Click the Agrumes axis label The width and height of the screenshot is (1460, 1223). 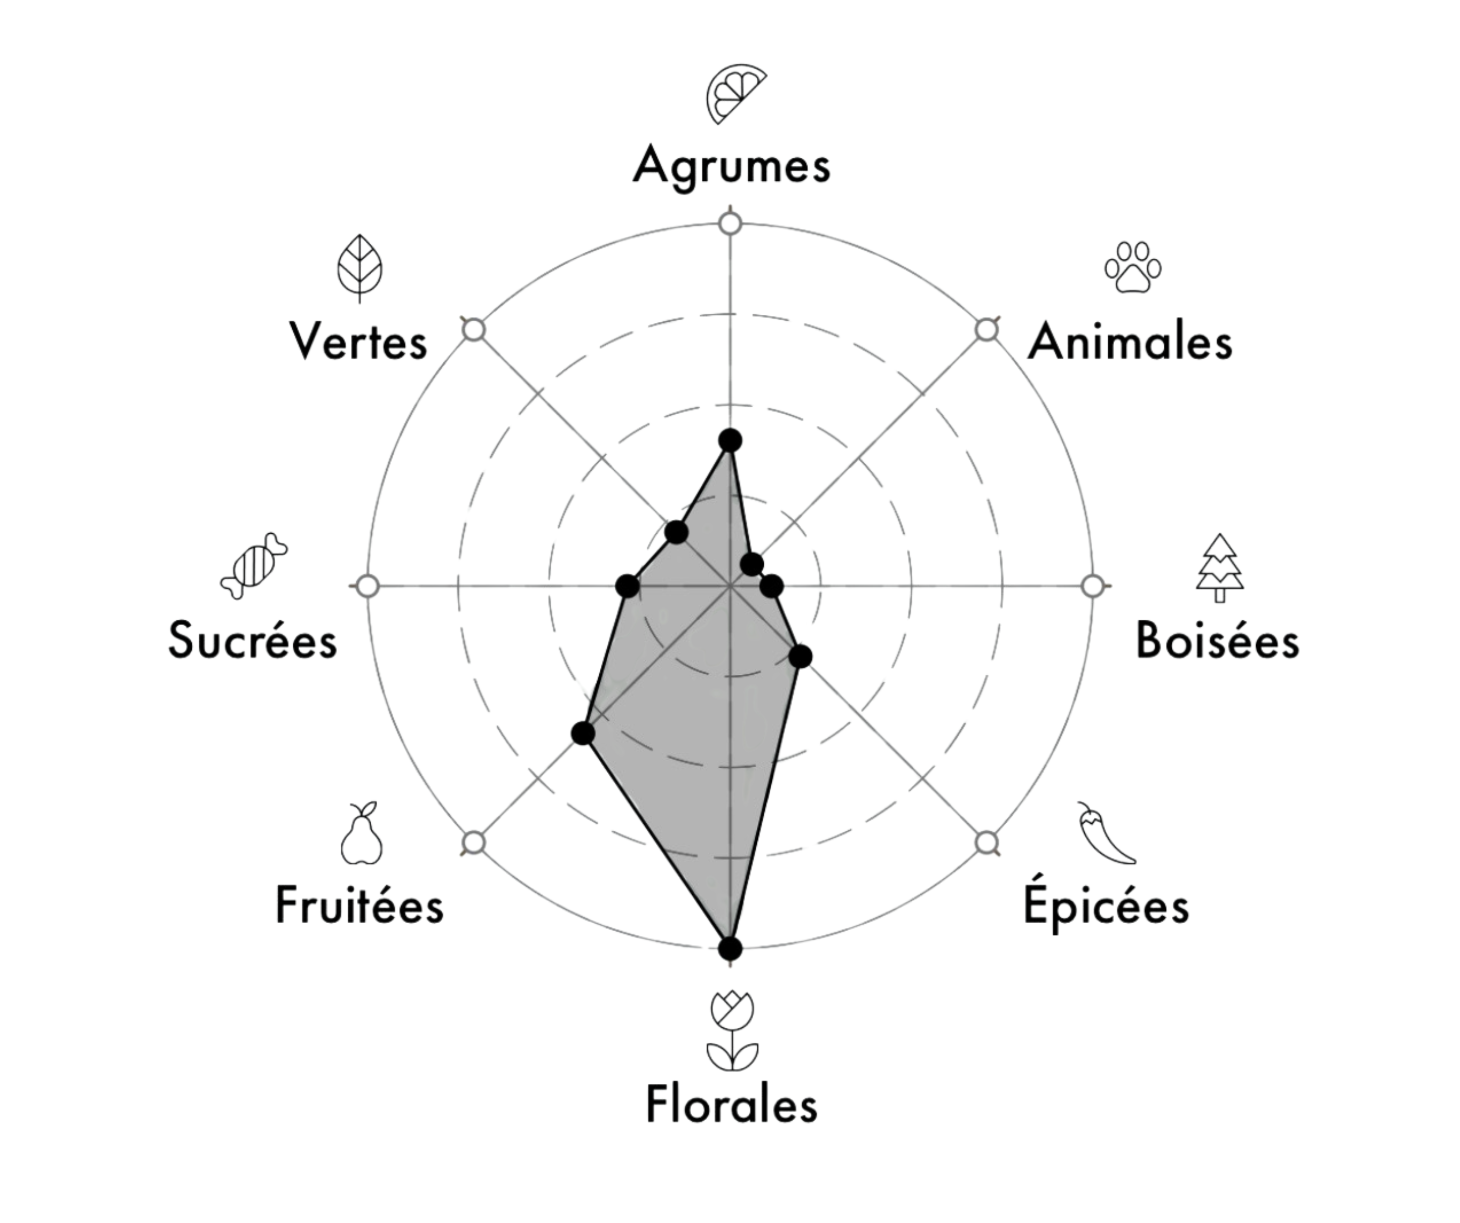(731, 166)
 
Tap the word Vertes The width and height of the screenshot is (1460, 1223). (358, 341)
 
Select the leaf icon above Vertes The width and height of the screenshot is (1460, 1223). (359, 268)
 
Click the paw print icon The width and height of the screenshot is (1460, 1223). (1133, 267)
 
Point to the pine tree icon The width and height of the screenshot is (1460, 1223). (1220, 568)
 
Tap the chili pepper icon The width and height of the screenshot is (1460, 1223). (1106, 833)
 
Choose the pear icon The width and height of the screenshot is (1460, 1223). (362, 833)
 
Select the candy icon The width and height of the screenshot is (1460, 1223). (254, 566)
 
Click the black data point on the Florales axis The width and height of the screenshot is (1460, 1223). (730, 948)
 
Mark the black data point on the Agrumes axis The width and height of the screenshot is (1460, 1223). (730, 440)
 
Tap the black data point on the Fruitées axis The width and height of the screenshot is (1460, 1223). (583, 733)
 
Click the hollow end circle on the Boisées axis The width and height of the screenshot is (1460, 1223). (1093, 586)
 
